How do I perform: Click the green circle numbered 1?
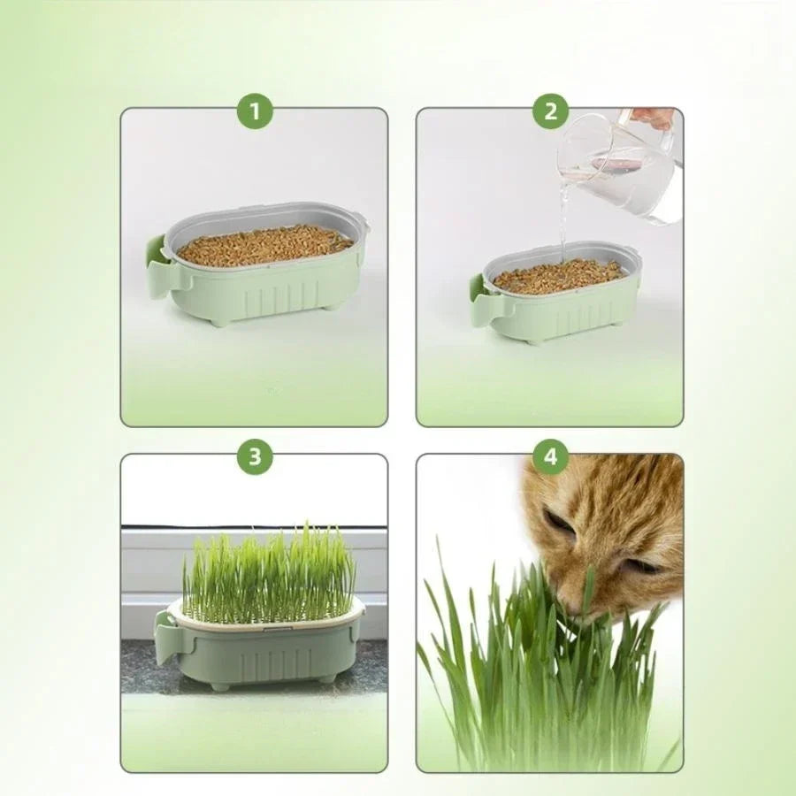pyautogui.click(x=255, y=111)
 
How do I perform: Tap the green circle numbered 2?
pyautogui.click(x=550, y=111)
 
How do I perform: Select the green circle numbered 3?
pyautogui.click(x=255, y=456)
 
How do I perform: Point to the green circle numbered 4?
pyautogui.click(x=550, y=456)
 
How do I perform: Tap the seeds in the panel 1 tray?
pyautogui.click(x=264, y=245)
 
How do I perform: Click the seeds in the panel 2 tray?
pyautogui.click(x=557, y=277)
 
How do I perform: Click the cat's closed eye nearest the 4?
pyautogui.click(x=559, y=521)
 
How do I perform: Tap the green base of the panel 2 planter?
pyautogui.click(x=566, y=314)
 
